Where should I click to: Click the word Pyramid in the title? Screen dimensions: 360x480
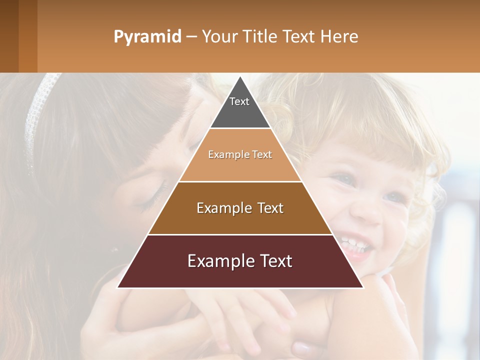tap(147, 37)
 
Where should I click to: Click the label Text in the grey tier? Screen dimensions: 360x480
tap(239, 101)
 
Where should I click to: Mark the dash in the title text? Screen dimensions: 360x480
tap(191, 37)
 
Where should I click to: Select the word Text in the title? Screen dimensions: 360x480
tap(298, 36)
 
